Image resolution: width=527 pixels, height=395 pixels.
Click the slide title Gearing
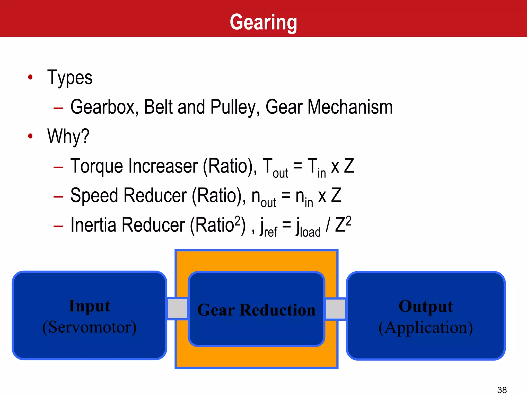coord(263,23)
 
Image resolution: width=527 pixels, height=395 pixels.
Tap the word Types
coord(70,78)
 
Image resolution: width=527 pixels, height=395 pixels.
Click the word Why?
coord(68,137)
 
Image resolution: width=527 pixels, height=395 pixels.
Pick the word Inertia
coord(93,225)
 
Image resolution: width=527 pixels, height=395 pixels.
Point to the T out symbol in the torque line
coord(275,168)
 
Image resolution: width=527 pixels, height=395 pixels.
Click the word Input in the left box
coord(90,306)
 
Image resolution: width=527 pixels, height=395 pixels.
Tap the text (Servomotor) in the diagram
coord(90,327)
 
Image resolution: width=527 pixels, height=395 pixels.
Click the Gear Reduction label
coord(256,310)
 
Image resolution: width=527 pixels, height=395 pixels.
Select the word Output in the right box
coord(426,306)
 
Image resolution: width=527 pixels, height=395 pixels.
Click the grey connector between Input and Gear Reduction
coord(178,308)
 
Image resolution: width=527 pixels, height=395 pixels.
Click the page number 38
coord(502,390)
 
